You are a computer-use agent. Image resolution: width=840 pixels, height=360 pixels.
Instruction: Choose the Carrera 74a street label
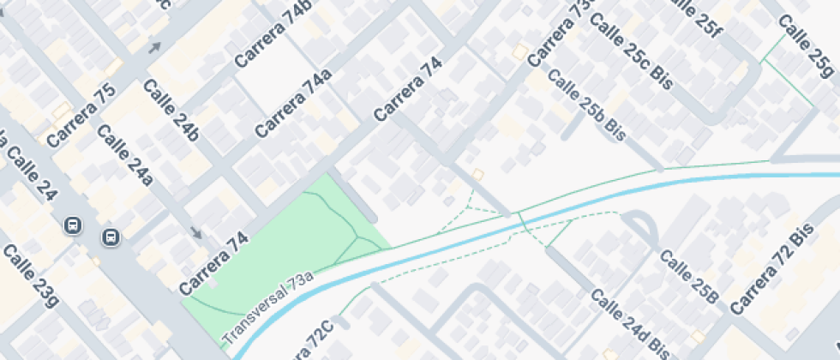coord(293,105)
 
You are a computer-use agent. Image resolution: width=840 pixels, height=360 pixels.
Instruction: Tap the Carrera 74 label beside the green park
coord(214,263)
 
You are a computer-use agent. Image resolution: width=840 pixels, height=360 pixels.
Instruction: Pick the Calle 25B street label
coord(688,276)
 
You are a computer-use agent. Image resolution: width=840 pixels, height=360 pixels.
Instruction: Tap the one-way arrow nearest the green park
coord(197,233)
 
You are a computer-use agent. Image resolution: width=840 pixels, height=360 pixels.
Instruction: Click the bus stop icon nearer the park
coord(111,237)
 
